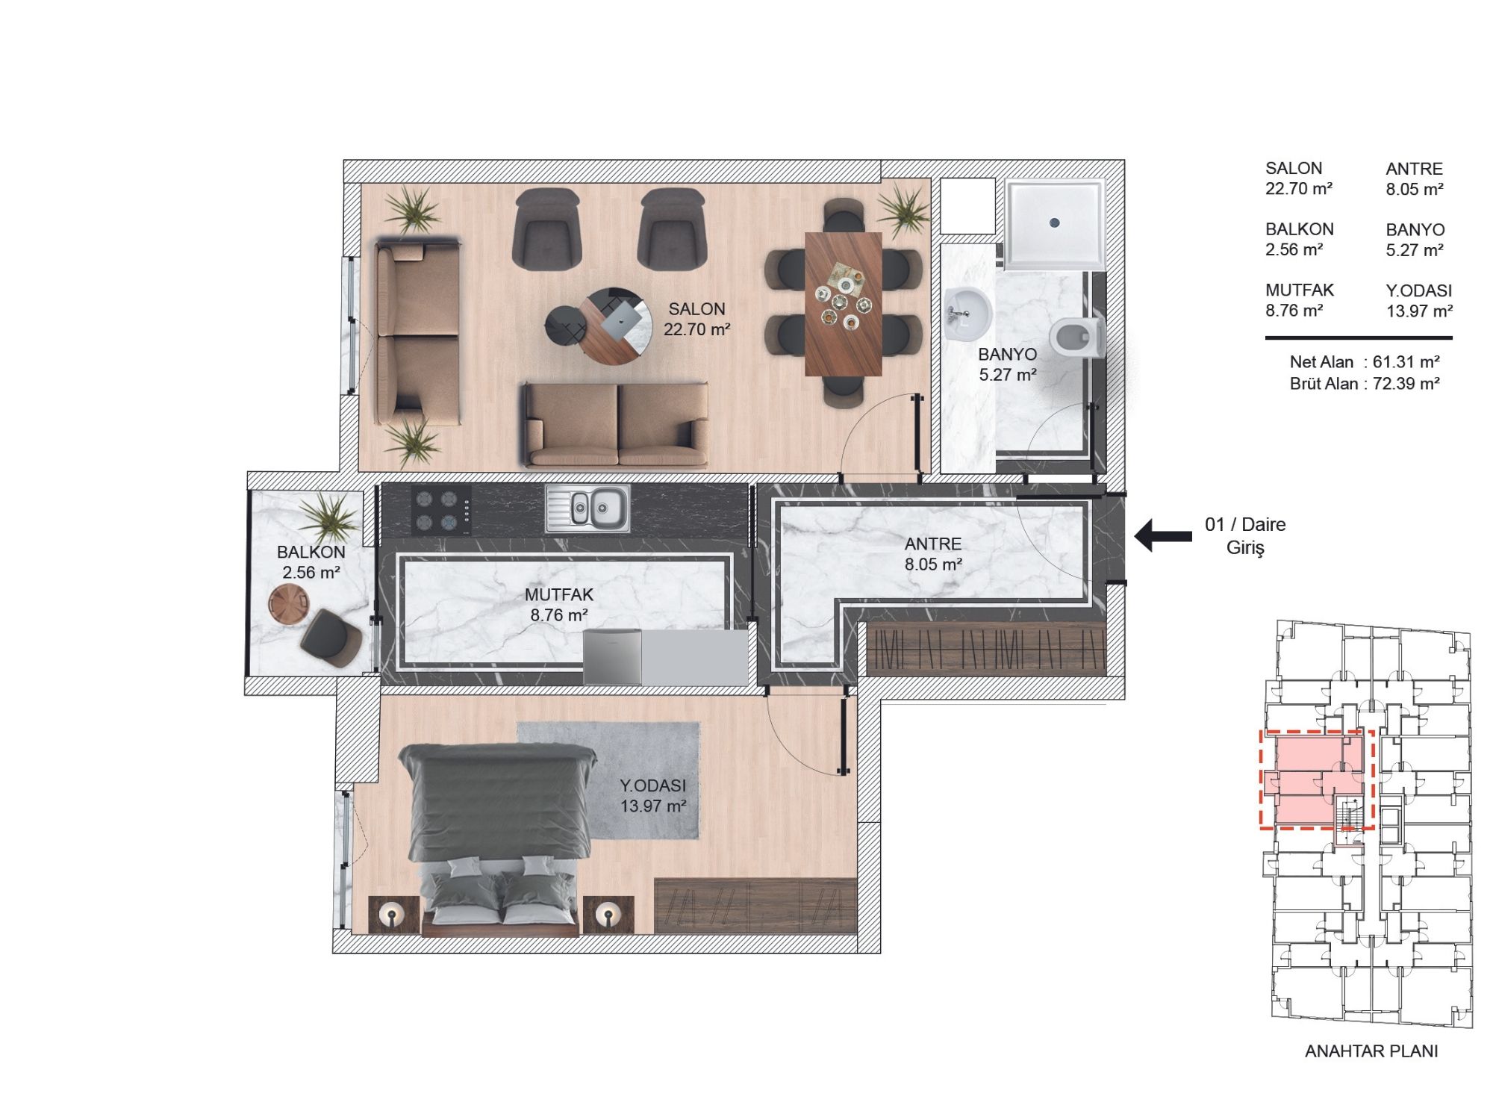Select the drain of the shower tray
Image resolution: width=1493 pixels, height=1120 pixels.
(1055, 222)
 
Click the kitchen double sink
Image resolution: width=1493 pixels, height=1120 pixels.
(587, 508)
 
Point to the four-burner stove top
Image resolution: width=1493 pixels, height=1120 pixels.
(441, 511)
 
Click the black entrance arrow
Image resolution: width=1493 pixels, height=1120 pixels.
(1163, 535)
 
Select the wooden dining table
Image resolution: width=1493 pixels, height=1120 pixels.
(844, 303)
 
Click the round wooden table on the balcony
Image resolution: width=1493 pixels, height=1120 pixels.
(289, 603)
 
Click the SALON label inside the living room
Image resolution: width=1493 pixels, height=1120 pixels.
(696, 309)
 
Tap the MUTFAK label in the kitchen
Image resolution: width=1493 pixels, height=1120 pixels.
(558, 595)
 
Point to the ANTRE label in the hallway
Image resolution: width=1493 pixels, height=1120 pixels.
(933, 544)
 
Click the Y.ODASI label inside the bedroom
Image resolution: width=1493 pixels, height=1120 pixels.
(652, 785)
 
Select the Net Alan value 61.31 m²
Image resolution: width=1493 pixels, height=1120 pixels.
(1406, 362)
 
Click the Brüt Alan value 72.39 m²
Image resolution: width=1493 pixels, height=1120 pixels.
(1406, 384)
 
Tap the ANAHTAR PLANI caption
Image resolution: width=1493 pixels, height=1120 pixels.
(1371, 1051)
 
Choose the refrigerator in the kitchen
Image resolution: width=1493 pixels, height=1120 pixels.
(612, 657)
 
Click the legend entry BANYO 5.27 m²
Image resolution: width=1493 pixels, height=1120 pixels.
(1415, 240)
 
